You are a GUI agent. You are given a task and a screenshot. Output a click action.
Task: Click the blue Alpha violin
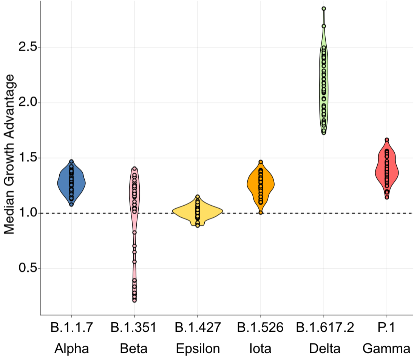[x=64, y=183]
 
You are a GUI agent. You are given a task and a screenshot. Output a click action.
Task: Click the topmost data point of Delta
[x=324, y=8]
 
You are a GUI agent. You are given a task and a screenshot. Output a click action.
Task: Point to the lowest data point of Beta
[x=134, y=300]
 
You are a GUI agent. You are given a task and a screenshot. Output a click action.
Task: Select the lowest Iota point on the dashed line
[x=261, y=212]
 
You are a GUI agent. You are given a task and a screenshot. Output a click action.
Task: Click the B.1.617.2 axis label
[x=324, y=328]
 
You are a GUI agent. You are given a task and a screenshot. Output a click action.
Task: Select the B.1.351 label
[x=133, y=328]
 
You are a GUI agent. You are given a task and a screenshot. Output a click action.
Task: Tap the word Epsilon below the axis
[x=198, y=349]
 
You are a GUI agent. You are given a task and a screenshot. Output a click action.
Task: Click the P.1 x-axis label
[x=386, y=328]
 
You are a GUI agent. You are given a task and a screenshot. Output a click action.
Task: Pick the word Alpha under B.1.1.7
[x=71, y=349]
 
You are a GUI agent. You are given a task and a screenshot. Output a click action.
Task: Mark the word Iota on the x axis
[x=260, y=349]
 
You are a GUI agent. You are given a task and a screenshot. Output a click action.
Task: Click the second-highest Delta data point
[x=324, y=26]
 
